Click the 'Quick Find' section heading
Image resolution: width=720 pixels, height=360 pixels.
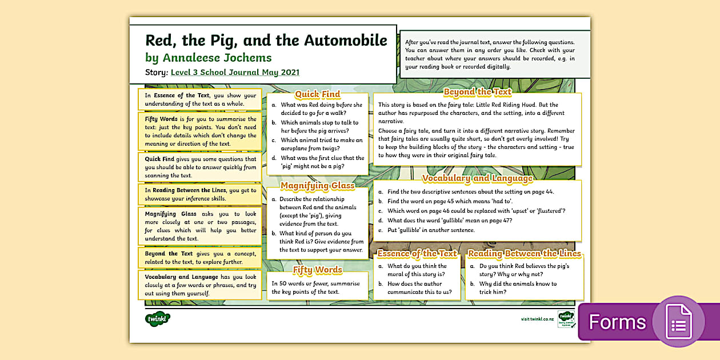[317, 94]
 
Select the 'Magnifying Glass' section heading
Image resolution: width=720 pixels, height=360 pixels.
[317, 185]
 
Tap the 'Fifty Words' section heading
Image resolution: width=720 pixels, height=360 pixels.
[317, 270]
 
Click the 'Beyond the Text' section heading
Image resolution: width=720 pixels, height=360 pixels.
[477, 91]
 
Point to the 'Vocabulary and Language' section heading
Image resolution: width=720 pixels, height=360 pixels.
[477, 178]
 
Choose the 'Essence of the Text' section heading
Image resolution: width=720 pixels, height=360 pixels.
[417, 253]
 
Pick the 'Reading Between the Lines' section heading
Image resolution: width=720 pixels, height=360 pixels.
[524, 253]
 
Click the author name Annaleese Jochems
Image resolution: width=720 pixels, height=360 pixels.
[217, 58]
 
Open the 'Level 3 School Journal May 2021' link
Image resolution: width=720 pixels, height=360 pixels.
[235, 73]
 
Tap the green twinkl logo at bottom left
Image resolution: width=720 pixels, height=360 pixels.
[158, 319]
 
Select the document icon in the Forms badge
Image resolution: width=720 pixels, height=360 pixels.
[678, 321]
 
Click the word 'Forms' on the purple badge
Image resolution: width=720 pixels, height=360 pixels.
[617, 322]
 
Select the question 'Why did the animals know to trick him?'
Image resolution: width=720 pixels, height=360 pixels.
[518, 287]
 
